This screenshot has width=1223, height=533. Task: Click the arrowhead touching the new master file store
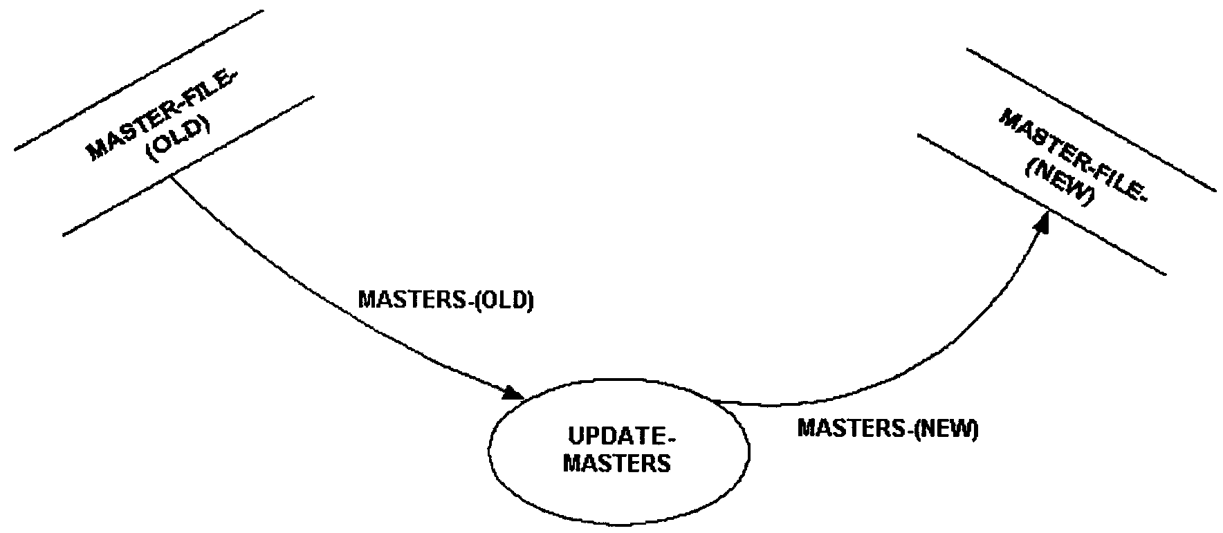(1042, 224)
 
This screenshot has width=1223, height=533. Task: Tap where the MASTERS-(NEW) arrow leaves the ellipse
(717, 400)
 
